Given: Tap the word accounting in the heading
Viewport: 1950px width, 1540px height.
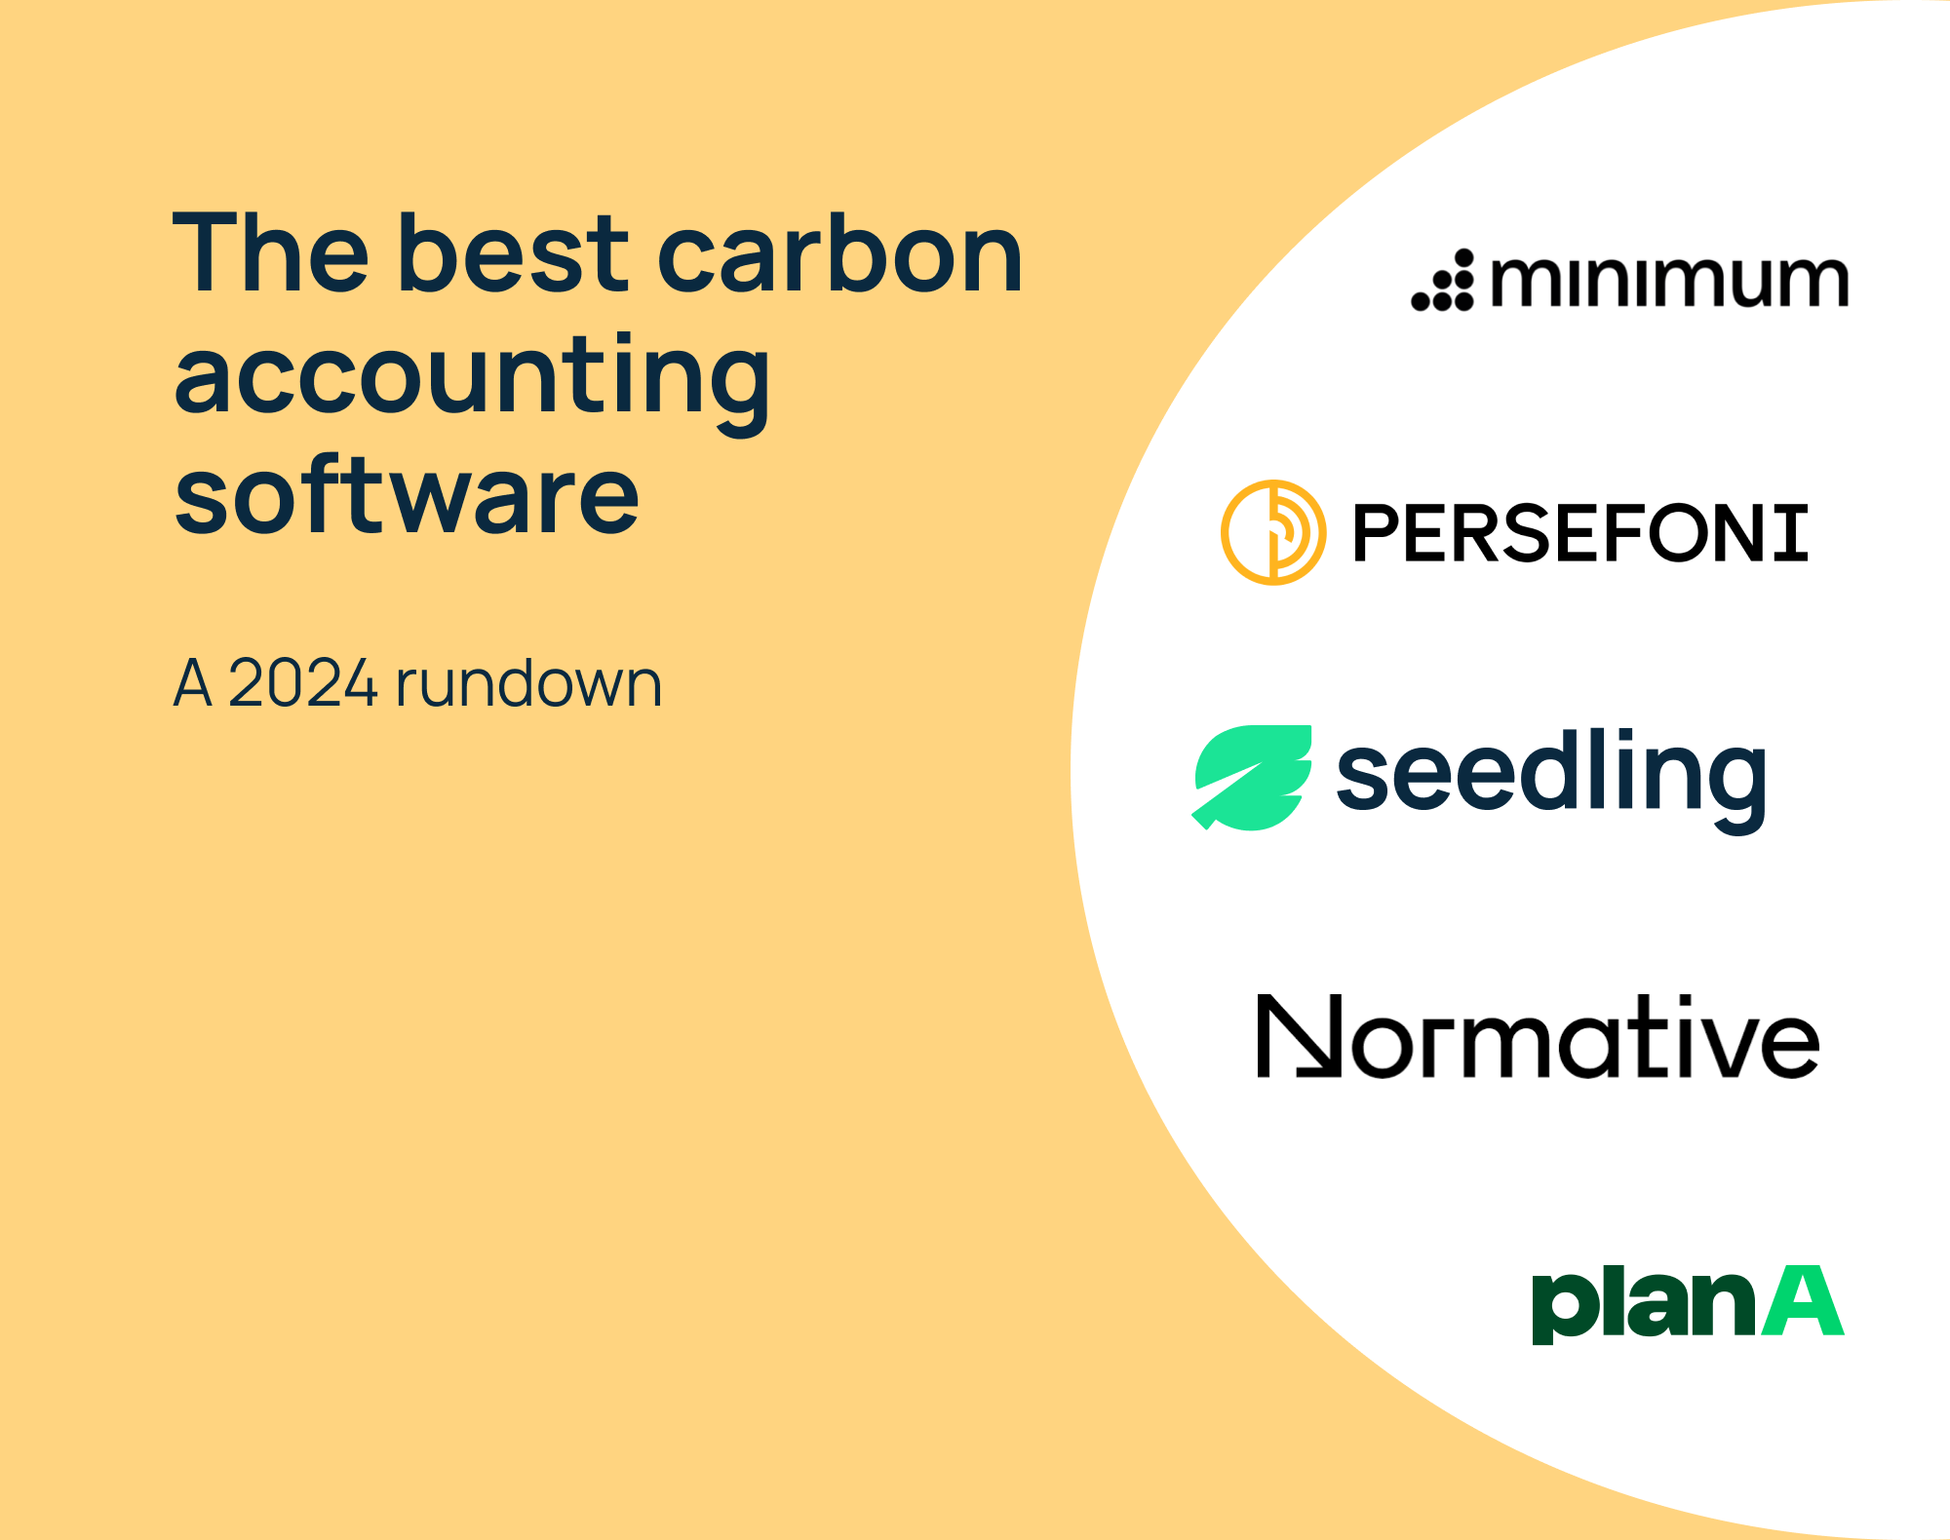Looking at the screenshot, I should coord(472,378).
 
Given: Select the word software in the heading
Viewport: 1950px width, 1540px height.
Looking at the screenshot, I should coord(407,497).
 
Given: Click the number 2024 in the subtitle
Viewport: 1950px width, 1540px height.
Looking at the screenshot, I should coord(302,683).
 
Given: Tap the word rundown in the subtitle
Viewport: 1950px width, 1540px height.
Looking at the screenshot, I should coord(528,683).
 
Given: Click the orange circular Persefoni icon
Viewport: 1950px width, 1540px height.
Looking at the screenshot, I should coord(1273,532).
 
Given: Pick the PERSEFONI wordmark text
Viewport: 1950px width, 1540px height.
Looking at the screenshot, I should coord(1579,533).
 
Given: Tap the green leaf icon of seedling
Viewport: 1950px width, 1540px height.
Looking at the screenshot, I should coord(1252,778).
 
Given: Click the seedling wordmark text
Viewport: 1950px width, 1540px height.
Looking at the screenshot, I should coord(1550,776).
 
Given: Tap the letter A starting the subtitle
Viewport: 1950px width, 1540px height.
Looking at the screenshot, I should coord(193,683).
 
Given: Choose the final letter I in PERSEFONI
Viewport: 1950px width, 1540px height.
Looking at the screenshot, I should coord(1790,533).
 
